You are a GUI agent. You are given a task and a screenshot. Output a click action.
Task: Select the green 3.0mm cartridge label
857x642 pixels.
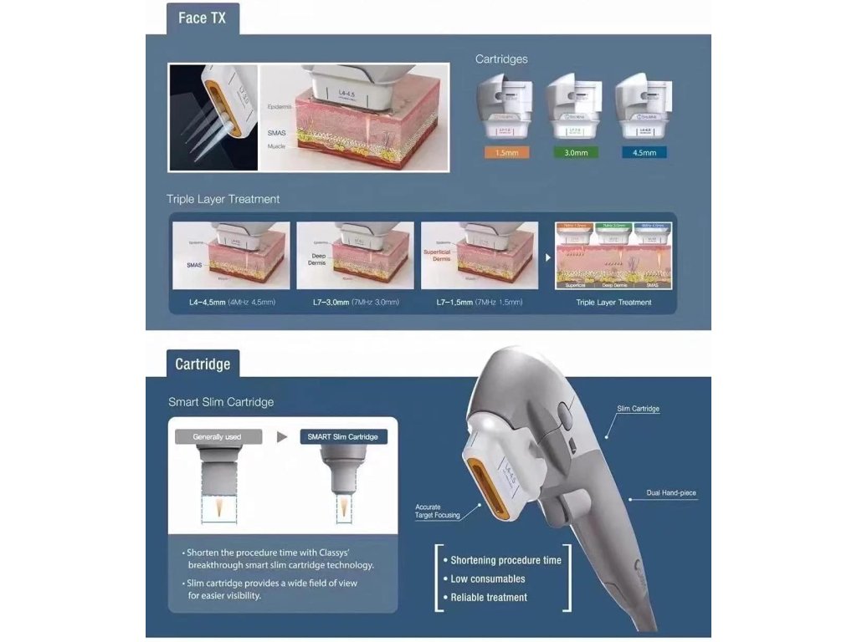click(x=576, y=153)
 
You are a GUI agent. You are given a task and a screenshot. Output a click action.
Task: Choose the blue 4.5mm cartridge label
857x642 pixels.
click(x=645, y=153)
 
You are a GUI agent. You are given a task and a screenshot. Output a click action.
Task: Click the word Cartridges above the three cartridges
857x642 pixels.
click(x=501, y=59)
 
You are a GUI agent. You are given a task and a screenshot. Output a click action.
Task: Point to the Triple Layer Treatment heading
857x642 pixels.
click(x=223, y=199)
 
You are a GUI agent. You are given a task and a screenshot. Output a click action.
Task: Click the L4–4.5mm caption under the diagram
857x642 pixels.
click(x=231, y=302)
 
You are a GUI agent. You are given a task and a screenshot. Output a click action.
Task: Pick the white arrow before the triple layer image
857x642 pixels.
click(x=548, y=257)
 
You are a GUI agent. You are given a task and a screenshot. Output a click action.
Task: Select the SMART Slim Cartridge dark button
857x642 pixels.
click(x=343, y=436)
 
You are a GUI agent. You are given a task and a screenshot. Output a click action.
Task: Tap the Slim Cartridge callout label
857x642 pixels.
click(x=638, y=409)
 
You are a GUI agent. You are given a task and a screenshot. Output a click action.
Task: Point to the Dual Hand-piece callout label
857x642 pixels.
click(x=671, y=493)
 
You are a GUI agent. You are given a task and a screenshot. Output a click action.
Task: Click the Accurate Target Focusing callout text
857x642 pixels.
click(x=437, y=511)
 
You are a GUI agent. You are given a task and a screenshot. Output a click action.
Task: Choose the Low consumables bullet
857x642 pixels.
click(x=488, y=578)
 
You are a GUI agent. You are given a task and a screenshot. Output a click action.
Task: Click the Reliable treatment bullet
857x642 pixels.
click(x=489, y=597)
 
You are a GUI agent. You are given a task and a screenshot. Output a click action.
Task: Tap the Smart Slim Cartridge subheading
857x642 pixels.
click(x=221, y=402)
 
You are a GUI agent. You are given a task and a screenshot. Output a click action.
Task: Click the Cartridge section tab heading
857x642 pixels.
click(x=203, y=364)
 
